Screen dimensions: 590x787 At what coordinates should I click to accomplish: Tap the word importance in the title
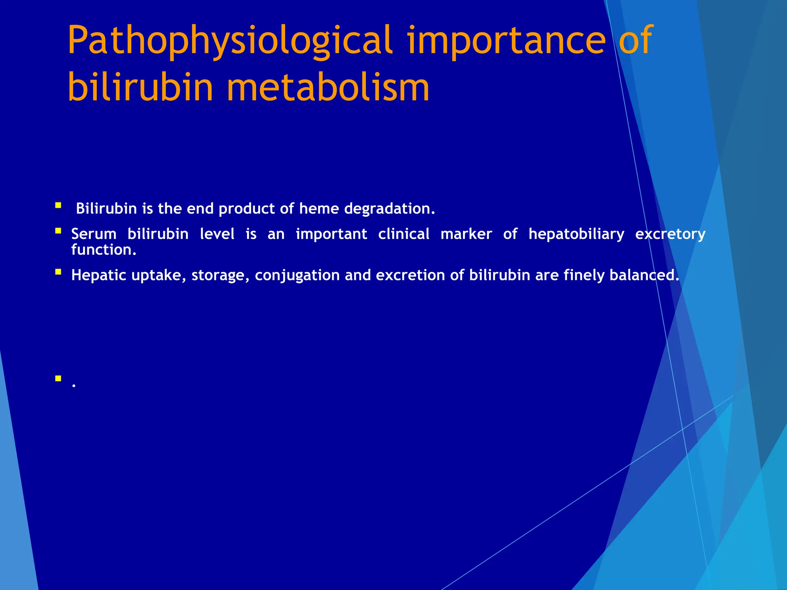(506, 41)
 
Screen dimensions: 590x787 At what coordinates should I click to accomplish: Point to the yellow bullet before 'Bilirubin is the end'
(58, 206)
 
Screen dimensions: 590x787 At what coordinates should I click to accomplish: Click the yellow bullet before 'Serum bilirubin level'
(58, 231)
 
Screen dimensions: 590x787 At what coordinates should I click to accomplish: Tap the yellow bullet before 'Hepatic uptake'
(58, 272)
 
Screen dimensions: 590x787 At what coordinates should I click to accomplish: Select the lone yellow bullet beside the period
(58, 378)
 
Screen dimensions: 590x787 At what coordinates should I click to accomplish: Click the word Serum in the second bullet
(94, 234)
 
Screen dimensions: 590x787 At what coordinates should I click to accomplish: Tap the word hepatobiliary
(576, 234)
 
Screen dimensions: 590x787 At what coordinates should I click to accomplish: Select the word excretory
(670, 234)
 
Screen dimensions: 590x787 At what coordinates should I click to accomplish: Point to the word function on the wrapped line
(103, 250)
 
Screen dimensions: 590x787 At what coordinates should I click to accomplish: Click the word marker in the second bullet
(466, 234)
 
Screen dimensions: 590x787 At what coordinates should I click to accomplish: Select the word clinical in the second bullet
(403, 234)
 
